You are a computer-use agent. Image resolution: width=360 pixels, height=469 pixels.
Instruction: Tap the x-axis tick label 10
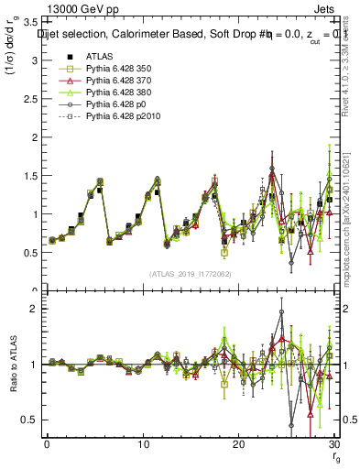point(143,443)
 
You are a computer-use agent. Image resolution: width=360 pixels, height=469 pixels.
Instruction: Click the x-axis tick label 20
point(238,443)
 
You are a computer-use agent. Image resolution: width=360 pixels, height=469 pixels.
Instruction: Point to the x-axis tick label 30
point(333,443)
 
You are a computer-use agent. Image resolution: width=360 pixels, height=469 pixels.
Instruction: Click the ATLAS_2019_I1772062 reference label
point(190,274)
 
